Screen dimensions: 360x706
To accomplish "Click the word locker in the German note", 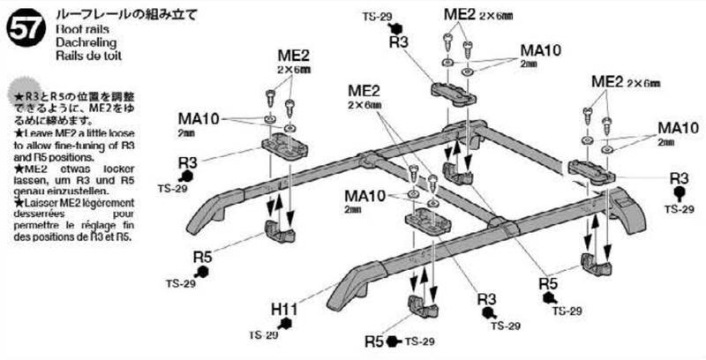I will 112,167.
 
